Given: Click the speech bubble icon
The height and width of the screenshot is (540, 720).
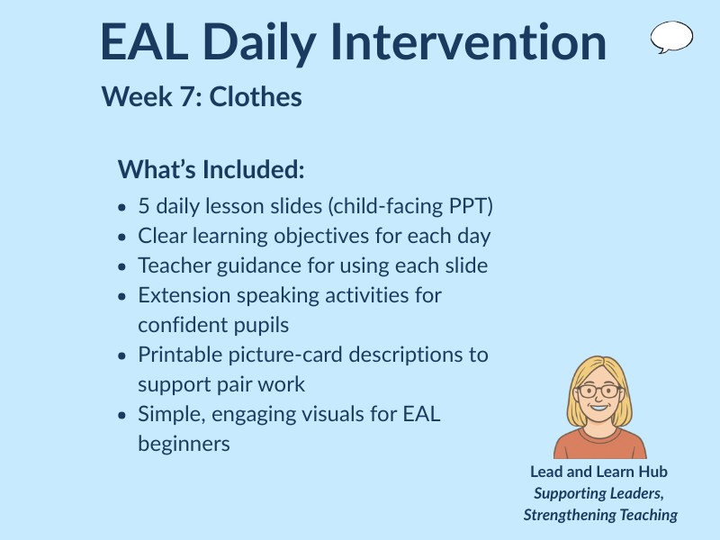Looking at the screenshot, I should (x=671, y=37).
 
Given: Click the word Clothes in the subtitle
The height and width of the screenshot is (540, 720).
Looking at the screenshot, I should (x=256, y=96).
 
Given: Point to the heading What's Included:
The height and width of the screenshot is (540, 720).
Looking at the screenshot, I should (x=211, y=169).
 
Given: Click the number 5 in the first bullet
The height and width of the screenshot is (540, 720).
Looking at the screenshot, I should (x=144, y=206).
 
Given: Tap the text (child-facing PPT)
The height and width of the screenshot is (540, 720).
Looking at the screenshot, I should (x=411, y=206).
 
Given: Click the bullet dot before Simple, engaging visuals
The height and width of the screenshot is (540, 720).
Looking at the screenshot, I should (x=122, y=415).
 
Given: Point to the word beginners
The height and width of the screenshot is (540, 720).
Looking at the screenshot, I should (x=184, y=444).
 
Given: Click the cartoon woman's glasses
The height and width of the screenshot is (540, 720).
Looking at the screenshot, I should (x=599, y=391).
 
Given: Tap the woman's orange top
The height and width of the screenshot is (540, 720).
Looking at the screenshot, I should (x=599, y=445).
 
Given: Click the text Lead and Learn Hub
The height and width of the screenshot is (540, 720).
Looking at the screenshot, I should (x=598, y=472).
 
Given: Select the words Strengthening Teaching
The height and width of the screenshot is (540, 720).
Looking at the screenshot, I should (x=600, y=515).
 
